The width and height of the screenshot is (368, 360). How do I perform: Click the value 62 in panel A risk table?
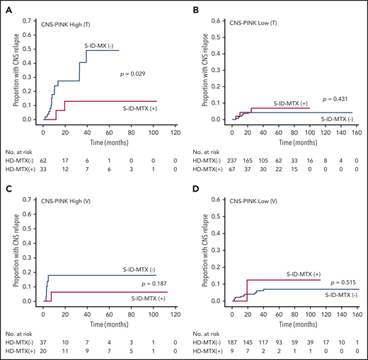(43, 161)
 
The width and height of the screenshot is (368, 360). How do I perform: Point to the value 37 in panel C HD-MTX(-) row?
(43, 342)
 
